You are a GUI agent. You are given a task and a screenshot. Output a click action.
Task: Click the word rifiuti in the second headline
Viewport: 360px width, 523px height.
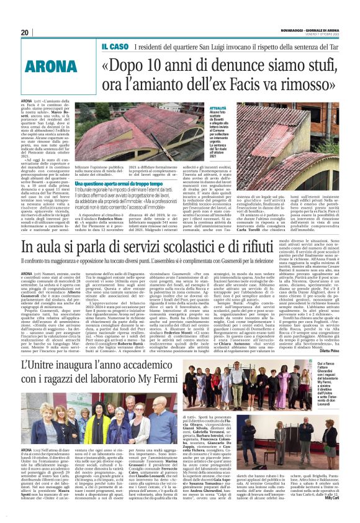pyautogui.click(x=316, y=247)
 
